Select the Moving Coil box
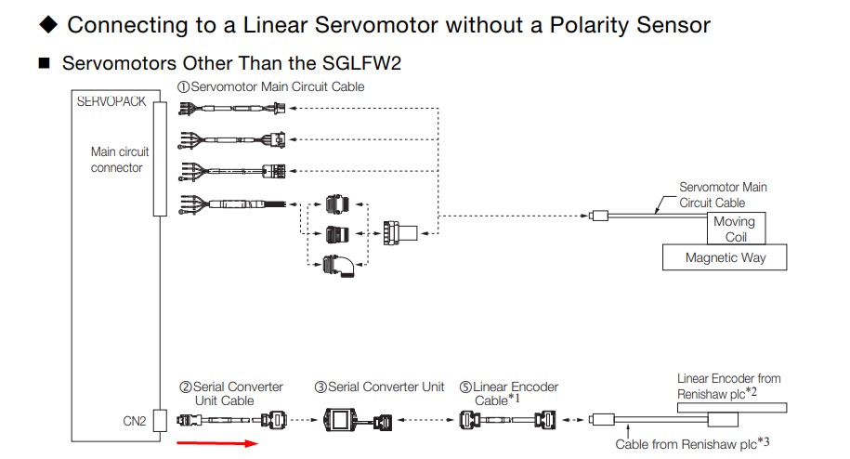pos(734,229)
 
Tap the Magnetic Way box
pos(726,257)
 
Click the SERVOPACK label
pos(111,101)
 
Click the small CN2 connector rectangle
pos(160,420)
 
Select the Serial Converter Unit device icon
pos(345,421)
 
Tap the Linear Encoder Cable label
pos(516,393)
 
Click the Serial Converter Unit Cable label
pos(230,393)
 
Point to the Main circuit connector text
pos(119,160)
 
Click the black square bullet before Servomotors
pos(43,64)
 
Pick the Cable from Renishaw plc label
pos(692,444)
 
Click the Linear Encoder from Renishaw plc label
pos(729,386)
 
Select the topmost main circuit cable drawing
pos(232,108)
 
